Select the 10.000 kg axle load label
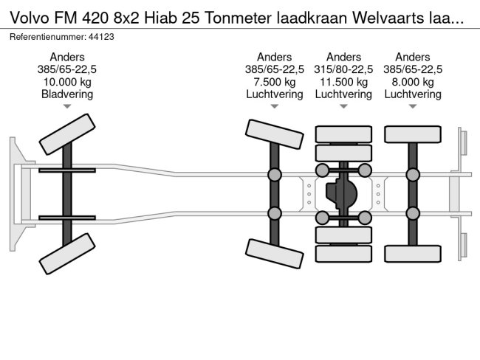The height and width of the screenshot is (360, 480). pyautogui.click(x=67, y=82)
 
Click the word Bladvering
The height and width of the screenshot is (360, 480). pyautogui.click(x=67, y=94)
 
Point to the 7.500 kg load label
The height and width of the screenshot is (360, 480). pyautogui.click(x=274, y=82)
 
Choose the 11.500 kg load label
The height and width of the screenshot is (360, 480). pyautogui.click(x=343, y=82)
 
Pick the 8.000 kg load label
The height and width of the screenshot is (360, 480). pyautogui.click(x=413, y=82)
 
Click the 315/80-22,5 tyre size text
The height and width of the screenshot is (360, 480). pyautogui.click(x=343, y=69)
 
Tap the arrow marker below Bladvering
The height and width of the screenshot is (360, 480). pyautogui.click(x=67, y=107)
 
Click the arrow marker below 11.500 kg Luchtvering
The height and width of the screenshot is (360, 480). pyautogui.click(x=343, y=107)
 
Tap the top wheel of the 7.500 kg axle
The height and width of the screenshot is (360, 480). pyautogui.click(x=274, y=134)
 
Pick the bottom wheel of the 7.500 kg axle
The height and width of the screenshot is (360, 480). pyautogui.click(x=274, y=255)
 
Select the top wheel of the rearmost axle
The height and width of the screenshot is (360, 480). pyautogui.click(x=413, y=134)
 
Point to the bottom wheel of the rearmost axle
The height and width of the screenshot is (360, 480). pyautogui.click(x=413, y=255)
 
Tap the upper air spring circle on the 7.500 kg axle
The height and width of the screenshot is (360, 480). pyautogui.click(x=274, y=175)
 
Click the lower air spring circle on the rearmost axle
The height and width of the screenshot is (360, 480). pyautogui.click(x=413, y=215)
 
